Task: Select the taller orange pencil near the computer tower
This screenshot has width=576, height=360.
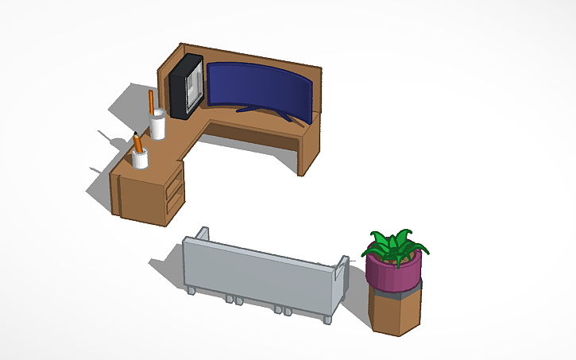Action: click(x=151, y=103)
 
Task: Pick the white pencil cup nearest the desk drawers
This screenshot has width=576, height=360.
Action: click(x=141, y=159)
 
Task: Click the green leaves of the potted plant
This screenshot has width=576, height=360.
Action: click(x=395, y=244)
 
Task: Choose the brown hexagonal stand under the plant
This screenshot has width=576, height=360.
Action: click(x=394, y=312)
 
